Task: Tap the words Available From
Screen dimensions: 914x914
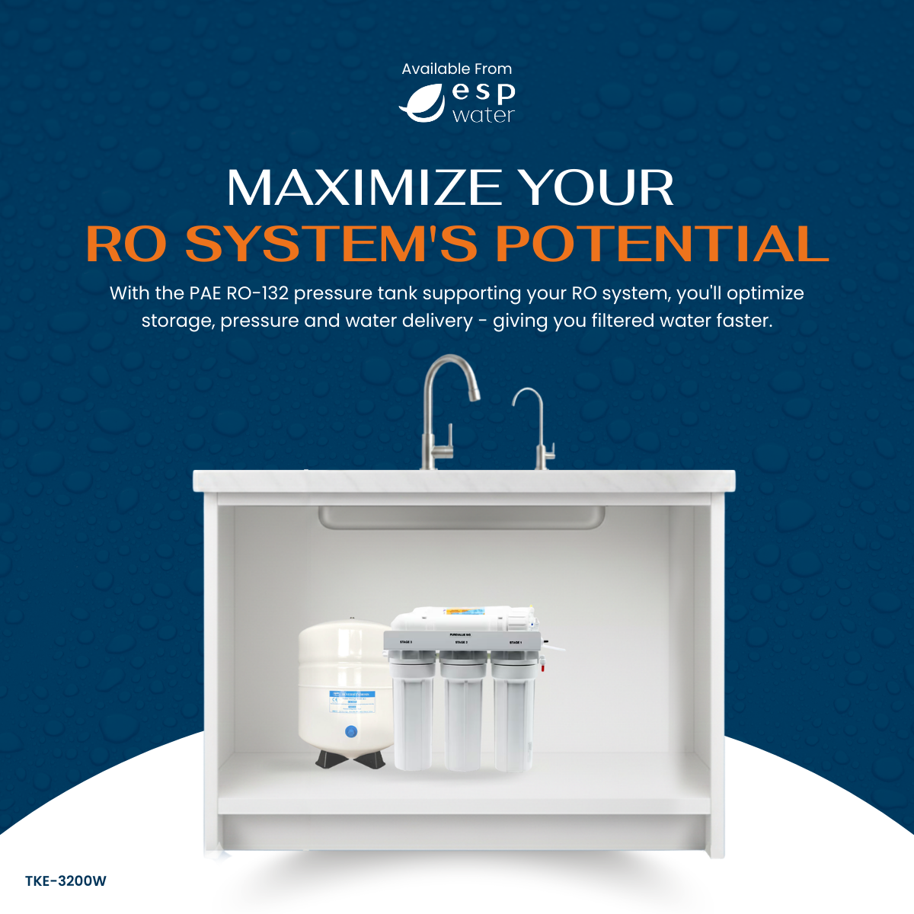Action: [x=456, y=69]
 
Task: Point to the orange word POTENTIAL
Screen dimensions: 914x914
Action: [x=662, y=244]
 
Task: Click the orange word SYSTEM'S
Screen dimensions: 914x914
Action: [x=331, y=244]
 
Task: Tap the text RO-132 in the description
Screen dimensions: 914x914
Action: [x=258, y=293]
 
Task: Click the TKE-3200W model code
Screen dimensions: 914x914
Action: [x=66, y=881]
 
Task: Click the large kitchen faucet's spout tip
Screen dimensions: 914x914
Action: [x=474, y=395]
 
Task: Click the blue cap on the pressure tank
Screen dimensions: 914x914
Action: [x=351, y=731]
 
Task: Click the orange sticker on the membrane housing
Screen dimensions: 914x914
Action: [x=457, y=612]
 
